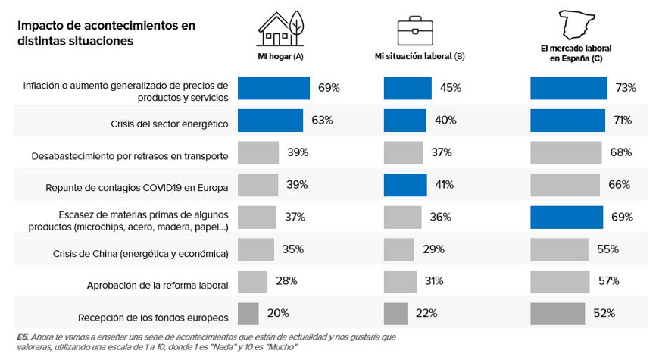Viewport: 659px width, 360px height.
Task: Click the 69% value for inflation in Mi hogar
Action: (x=329, y=88)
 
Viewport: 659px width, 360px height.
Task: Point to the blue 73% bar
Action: (x=568, y=88)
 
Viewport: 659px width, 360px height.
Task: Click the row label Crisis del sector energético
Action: (x=168, y=121)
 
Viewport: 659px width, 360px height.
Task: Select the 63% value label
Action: (x=322, y=120)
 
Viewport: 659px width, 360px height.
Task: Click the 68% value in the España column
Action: (x=621, y=152)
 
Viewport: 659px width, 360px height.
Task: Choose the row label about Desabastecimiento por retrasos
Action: (x=130, y=155)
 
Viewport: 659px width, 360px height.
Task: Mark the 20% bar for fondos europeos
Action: (x=248, y=313)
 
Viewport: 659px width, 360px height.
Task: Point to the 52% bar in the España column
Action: (x=557, y=313)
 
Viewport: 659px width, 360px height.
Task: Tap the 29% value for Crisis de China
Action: (x=434, y=249)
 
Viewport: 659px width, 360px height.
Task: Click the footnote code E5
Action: (x=22, y=336)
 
